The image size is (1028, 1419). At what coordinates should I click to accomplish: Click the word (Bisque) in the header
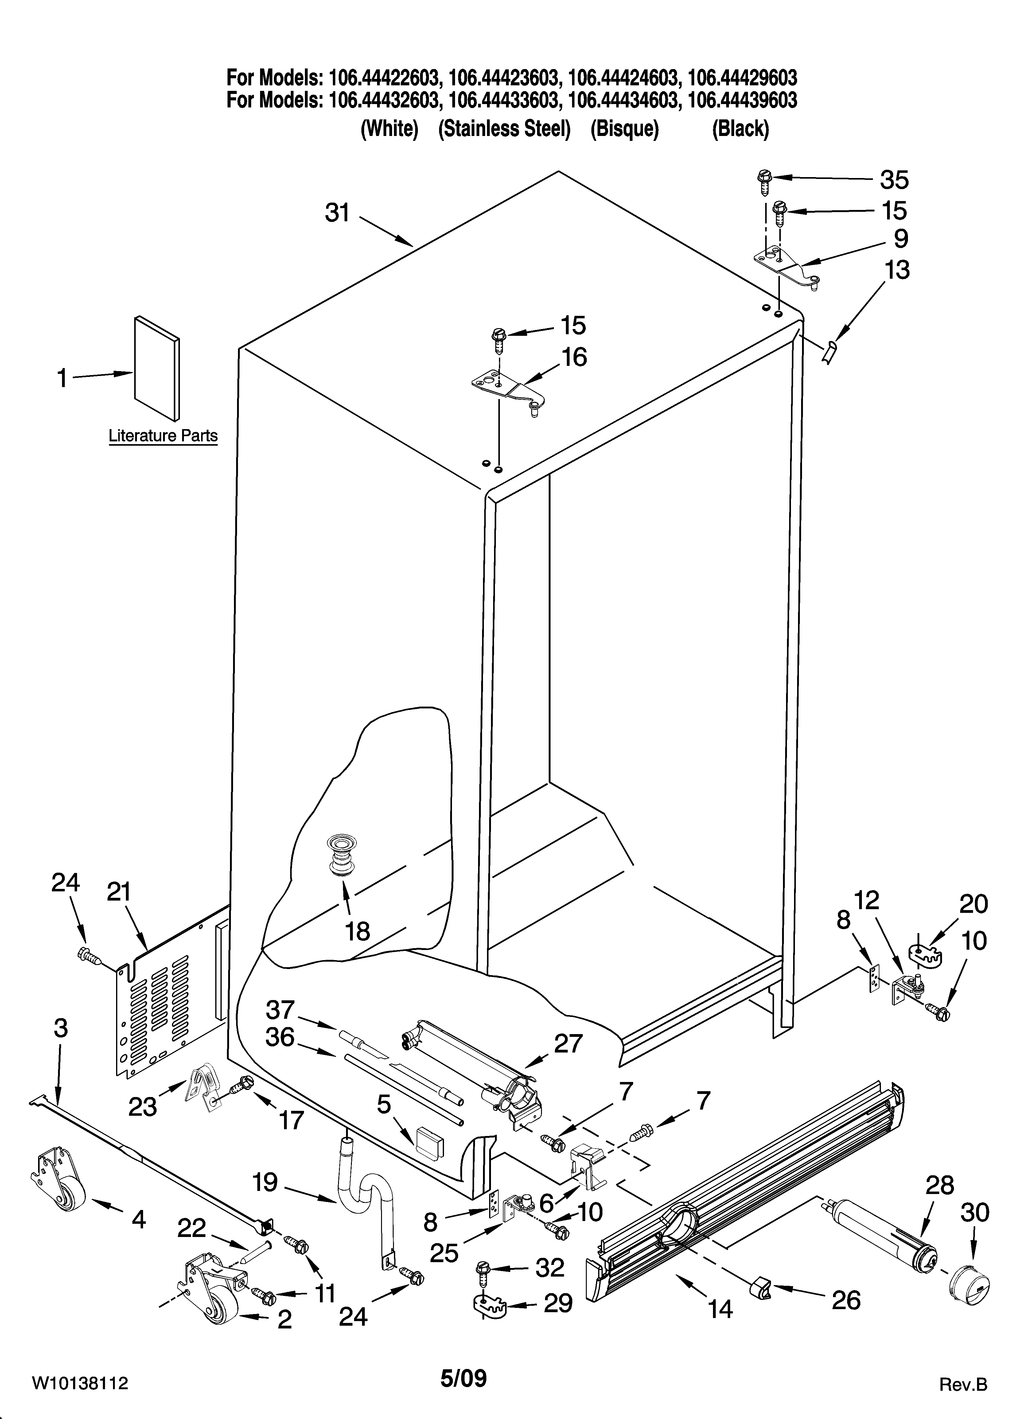click(x=624, y=129)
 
